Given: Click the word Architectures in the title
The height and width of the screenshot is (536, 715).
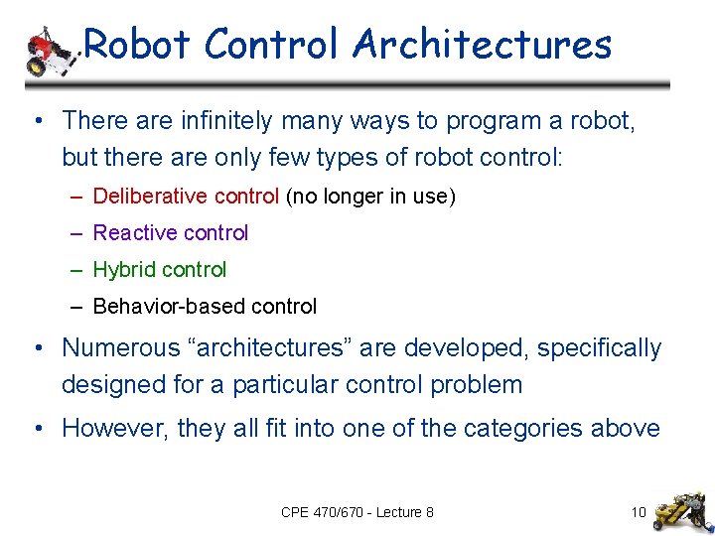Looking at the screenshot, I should pos(482,45).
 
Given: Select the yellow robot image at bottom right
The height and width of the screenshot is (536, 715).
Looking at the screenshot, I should pos(681,509).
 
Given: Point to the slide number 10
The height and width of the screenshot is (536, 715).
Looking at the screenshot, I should pos(638,512).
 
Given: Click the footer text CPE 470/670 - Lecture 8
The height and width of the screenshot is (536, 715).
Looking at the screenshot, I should pos(357,512).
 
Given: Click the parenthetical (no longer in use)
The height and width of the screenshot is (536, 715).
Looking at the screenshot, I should pos(370,197).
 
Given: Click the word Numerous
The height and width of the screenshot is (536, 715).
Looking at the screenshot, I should pos(112,348).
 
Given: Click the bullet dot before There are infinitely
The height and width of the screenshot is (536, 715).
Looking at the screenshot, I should pos(35,122).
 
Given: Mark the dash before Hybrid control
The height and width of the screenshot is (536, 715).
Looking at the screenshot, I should pos(76,270).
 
